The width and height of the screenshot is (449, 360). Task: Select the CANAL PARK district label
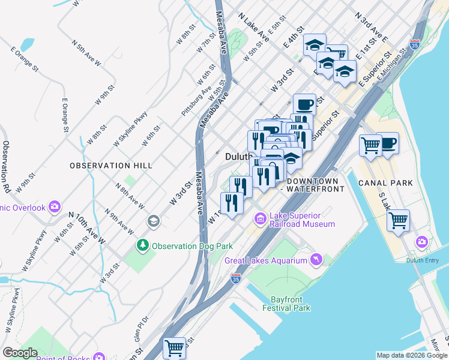385,182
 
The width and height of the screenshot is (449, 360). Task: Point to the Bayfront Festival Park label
286,304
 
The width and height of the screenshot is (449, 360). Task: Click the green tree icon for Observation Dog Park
143,245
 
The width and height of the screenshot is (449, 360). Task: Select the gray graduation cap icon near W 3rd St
153,221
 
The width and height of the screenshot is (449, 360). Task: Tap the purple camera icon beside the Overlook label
55,207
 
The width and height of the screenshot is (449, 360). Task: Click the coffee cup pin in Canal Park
388,143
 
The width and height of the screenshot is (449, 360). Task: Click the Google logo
20,353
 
